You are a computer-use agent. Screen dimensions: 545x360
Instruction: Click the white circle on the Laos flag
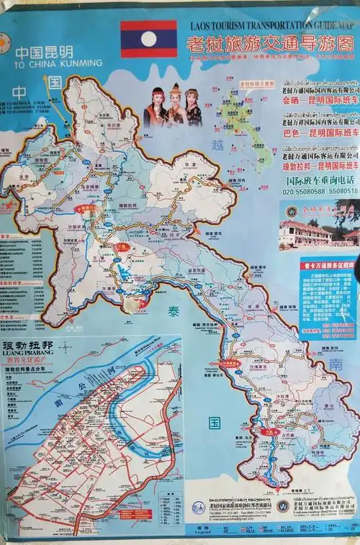(x=148, y=38)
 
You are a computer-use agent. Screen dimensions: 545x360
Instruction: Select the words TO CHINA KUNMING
(x=58, y=63)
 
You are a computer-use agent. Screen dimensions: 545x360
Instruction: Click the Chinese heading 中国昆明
(x=44, y=52)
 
